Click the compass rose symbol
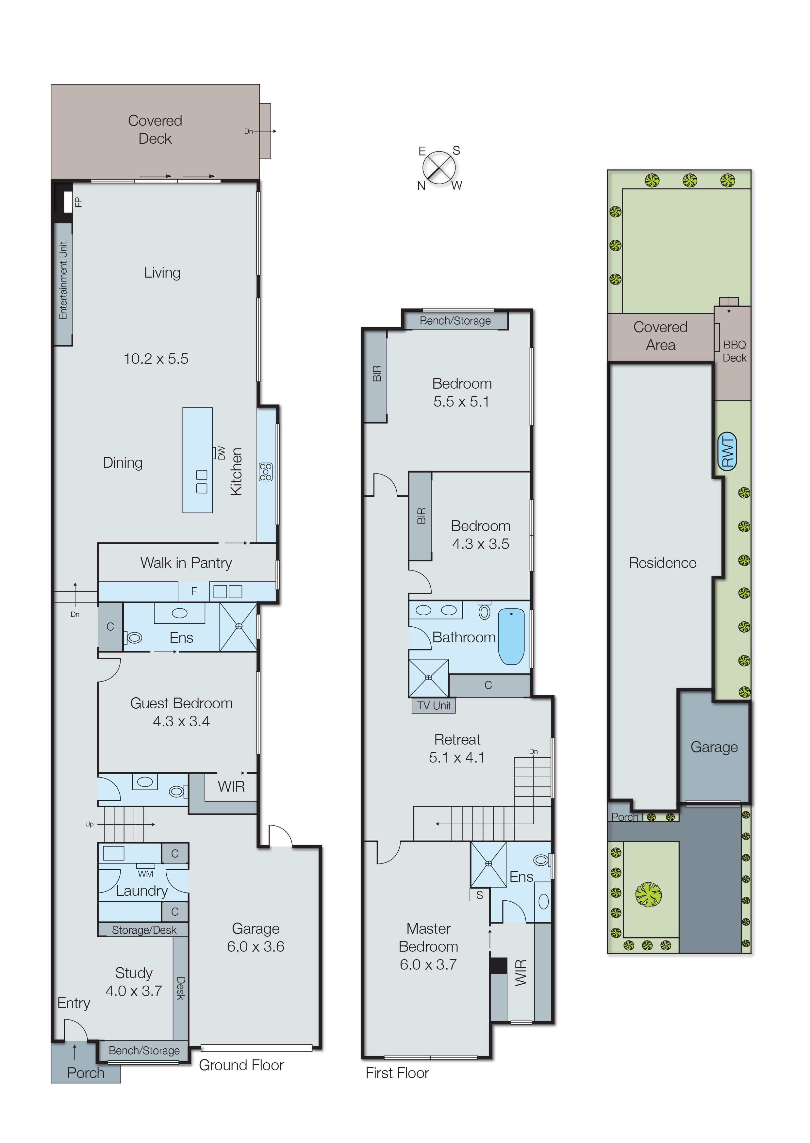tap(439, 168)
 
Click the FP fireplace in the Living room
tap(68, 202)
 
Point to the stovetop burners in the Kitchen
tap(265, 472)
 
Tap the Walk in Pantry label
tap(186, 563)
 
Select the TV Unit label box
tap(434, 705)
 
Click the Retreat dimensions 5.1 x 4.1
tap(456, 758)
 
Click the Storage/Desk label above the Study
tap(144, 930)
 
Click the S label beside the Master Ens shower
tap(479, 895)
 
